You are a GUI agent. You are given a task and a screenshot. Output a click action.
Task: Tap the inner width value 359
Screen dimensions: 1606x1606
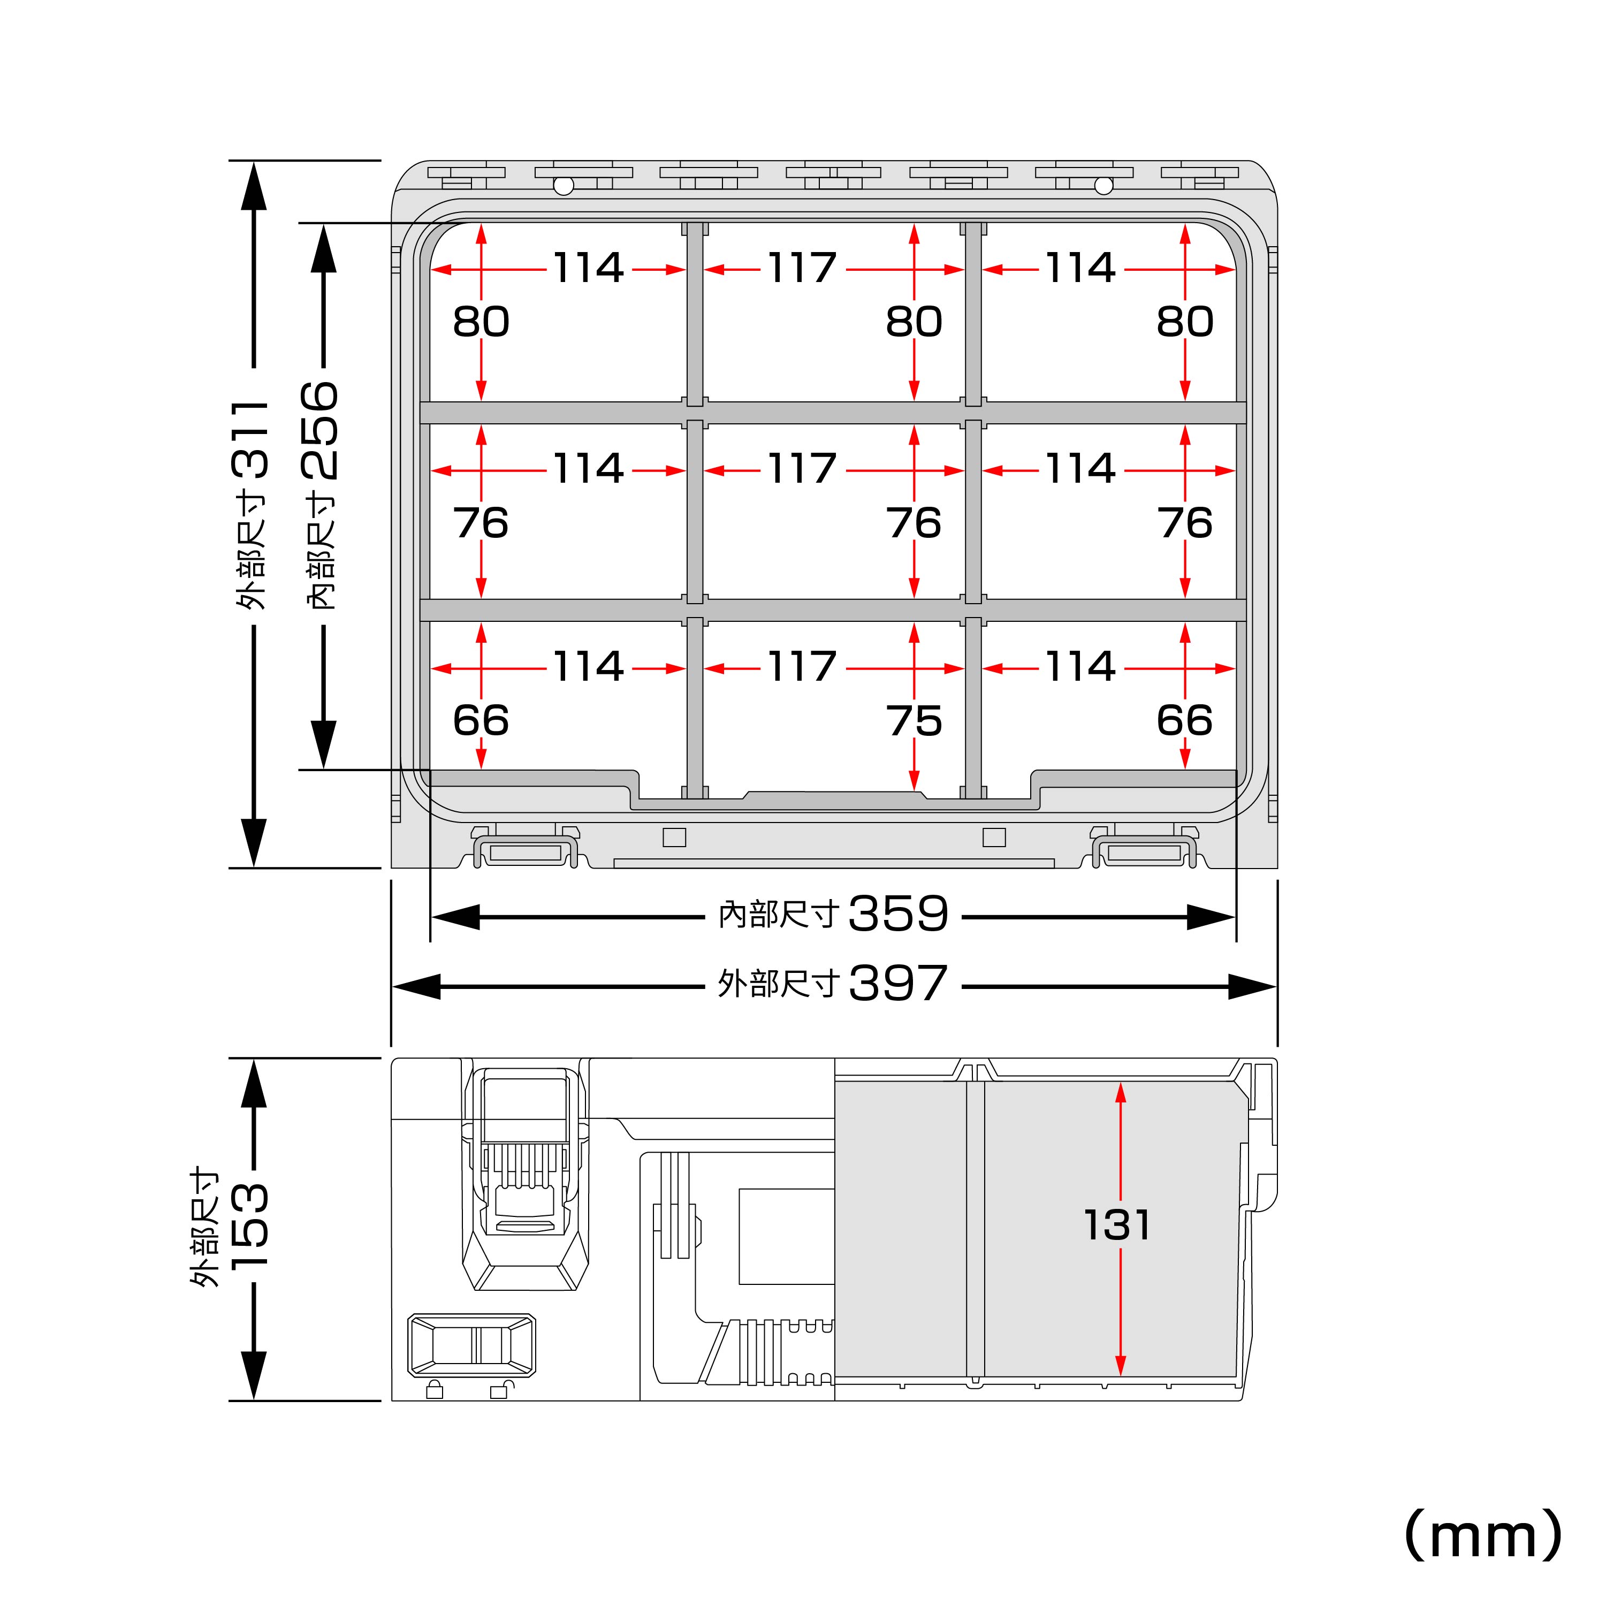pyautogui.click(x=898, y=914)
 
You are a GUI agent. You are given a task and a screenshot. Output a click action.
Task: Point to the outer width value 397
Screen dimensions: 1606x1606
pyautogui.click(x=898, y=984)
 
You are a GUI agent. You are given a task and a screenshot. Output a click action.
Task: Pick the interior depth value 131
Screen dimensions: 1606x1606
pyautogui.click(x=1117, y=1226)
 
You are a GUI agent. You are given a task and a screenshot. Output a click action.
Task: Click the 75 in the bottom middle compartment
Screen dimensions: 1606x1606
pyautogui.click(x=914, y=721)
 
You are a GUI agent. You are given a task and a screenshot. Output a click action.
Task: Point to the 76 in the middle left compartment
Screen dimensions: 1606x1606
pyautogui.click(x=481, y=523)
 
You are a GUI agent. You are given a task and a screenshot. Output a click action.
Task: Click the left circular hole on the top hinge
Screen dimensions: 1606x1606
pyautogui.click(x=564, y=185)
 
